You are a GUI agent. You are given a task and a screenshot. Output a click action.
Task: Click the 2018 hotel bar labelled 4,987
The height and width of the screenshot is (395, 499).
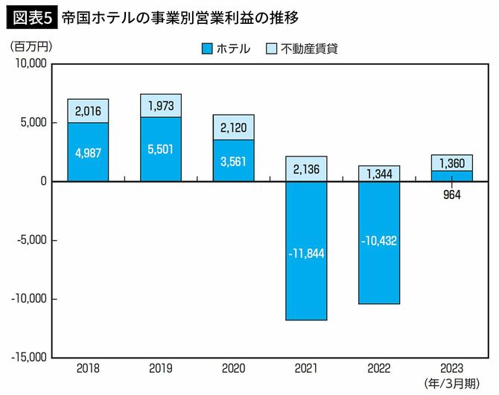tap(88, 152)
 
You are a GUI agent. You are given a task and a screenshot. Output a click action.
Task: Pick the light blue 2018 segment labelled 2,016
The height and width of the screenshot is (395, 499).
tap(88, 111)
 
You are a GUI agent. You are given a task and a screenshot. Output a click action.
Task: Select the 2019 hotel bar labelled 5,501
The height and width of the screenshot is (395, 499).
tap(161, 149)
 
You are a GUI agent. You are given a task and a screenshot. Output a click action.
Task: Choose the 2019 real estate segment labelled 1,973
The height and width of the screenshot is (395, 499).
tap(161, 106)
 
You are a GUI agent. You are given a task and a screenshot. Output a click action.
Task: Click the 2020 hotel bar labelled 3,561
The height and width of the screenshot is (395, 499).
tap(234, 160)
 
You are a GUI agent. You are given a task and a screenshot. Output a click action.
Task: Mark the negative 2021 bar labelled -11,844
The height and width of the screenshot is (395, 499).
tap(306, 251)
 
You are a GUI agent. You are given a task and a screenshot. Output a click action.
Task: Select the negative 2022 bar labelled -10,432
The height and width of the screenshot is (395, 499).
tap(379, 242)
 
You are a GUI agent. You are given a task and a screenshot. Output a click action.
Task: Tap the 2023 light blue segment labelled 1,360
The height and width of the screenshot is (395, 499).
tap(452, 162)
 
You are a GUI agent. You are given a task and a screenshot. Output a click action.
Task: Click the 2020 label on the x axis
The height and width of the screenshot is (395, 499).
tap(234, 369)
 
